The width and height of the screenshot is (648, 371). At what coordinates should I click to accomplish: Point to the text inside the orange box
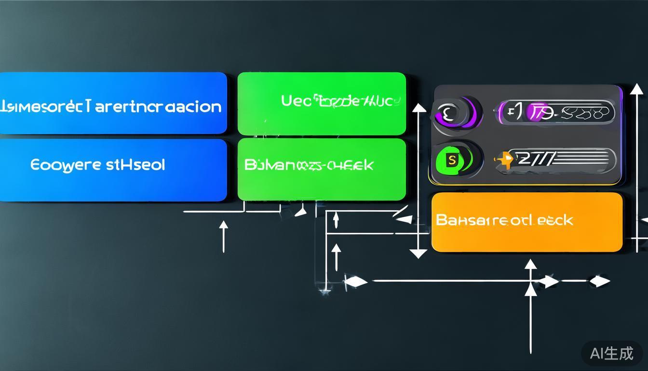(504, 220)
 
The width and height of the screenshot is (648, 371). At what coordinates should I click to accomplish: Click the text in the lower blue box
(97, 165)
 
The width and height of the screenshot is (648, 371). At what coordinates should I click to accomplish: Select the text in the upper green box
(340, 101)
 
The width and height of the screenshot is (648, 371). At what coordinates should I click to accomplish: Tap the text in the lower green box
(309, 165)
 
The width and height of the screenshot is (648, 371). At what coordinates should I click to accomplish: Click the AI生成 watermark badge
(611, 354)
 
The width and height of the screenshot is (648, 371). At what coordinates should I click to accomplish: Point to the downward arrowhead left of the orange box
(418, 253)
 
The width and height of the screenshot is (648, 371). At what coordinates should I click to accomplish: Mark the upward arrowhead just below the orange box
(530, 264)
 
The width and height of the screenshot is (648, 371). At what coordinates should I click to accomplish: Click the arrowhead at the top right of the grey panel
(636, 89)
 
